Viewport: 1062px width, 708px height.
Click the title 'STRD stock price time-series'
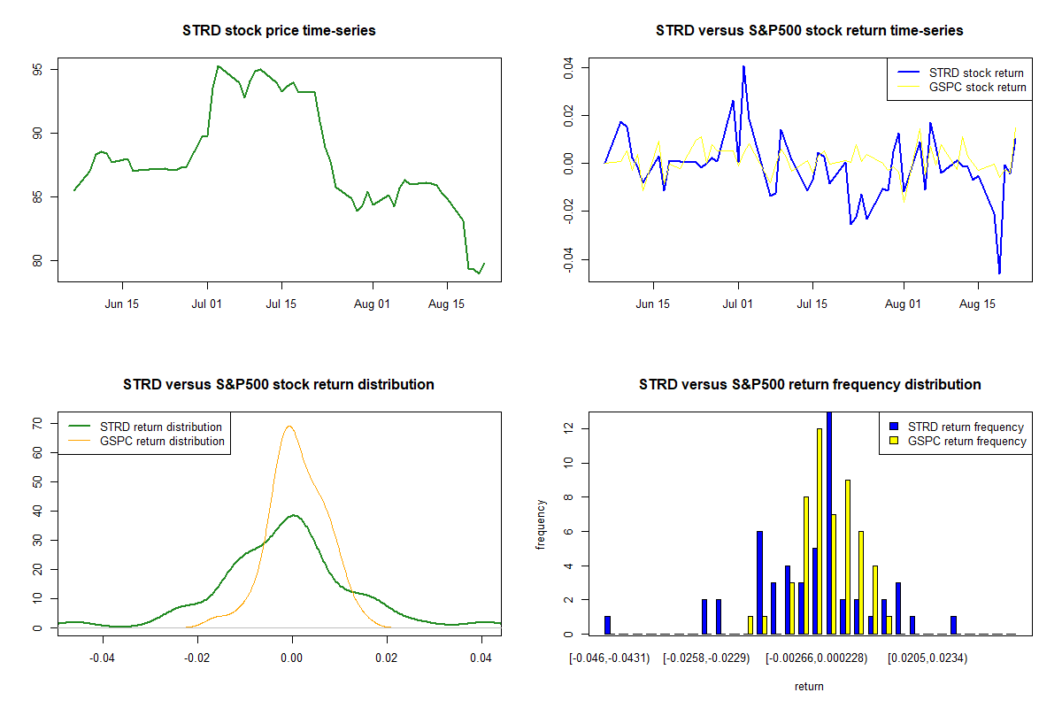(279, 31)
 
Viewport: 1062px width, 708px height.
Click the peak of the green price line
(218, 66)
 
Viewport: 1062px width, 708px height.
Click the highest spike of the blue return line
(743, 66)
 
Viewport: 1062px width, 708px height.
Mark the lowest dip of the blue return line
(999, 273)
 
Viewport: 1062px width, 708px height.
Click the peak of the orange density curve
(289, 427)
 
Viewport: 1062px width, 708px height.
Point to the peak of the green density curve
(294, 515)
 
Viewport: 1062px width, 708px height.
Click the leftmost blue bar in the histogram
(608, 625)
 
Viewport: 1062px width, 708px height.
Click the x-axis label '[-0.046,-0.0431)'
(610, 658)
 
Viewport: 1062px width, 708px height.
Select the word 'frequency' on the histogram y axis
(542, 525)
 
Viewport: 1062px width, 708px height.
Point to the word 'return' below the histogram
(809, 686)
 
